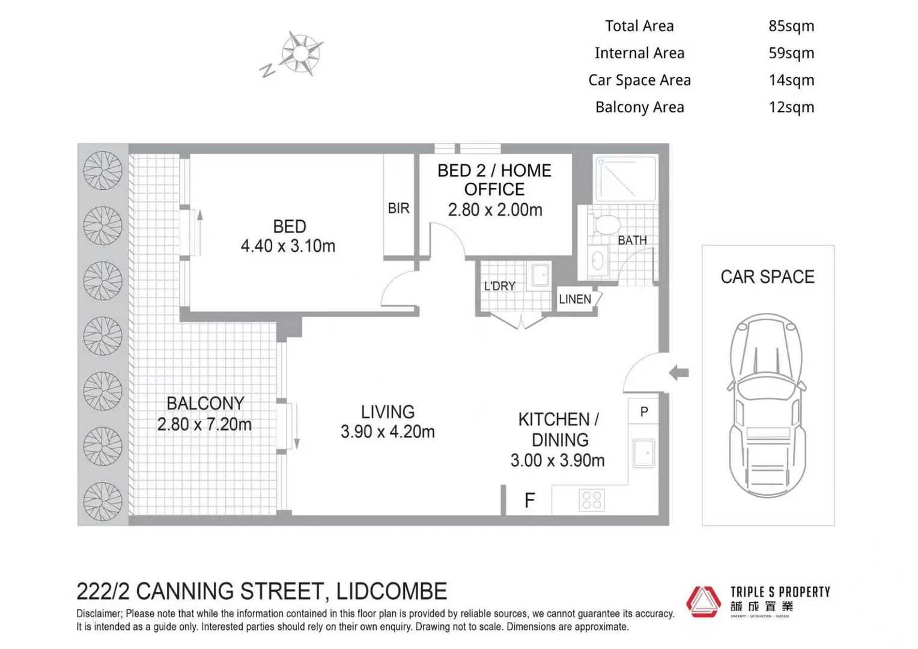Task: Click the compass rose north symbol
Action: coord(300,54)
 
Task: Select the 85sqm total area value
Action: coord(791,26)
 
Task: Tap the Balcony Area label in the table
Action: coord(639,107)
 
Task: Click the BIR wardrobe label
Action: coord(398,208)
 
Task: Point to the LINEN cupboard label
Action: coord(575,299)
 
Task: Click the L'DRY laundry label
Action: coord(500,286)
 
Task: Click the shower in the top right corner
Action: coord(625,178)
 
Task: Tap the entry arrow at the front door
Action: coord(679,373)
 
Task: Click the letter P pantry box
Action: coord(644,412)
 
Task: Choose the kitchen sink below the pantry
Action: coord(643,453)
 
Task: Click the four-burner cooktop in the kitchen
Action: coord(591,500)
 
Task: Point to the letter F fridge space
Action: coord(529,500)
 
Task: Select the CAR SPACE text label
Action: coord(767,277)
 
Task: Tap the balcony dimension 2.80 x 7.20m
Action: coord(204,424)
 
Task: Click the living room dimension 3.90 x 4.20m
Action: coord(388,431)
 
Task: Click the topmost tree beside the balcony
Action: coord(103,170)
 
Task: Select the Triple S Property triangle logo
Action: coord(704,601)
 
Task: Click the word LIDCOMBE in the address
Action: coord(391,591)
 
